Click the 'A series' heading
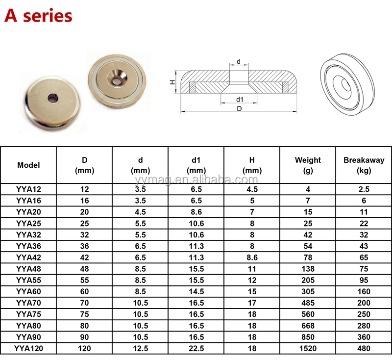[38, 16]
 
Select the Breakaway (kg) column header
[364, 165]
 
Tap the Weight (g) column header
[308, 165]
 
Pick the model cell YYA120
[28, 348]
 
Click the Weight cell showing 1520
[308, 348]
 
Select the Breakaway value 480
[364, 348]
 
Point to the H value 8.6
[252, 257]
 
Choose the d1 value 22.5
[196, 348]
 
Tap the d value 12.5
[140, 348]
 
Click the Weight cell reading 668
[308, 326]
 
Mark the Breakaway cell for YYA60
[364, 291]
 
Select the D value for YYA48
[84, 269]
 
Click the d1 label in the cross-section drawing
[239, 100]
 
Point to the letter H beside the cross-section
[172, 82]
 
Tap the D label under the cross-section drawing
[239, 109]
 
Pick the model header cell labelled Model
[28, 165]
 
